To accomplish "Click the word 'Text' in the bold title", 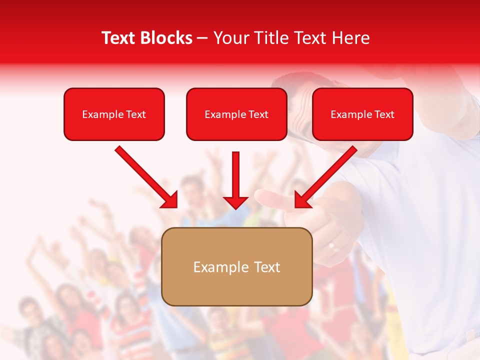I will [x=119, y=38].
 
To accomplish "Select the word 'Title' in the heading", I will [x=274, y=38].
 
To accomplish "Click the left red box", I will [x=114, y=114].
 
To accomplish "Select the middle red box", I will [x=236, y=114].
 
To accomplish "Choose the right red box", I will [x=362, y=114].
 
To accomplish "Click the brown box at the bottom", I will [x=237, y=267].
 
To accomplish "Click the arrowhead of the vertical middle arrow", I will [x=235, y=202].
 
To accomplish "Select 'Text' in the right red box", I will [x=384, y=114].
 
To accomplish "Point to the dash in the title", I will [x=202, y=38].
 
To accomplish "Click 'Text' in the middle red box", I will [x=258, y=114].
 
